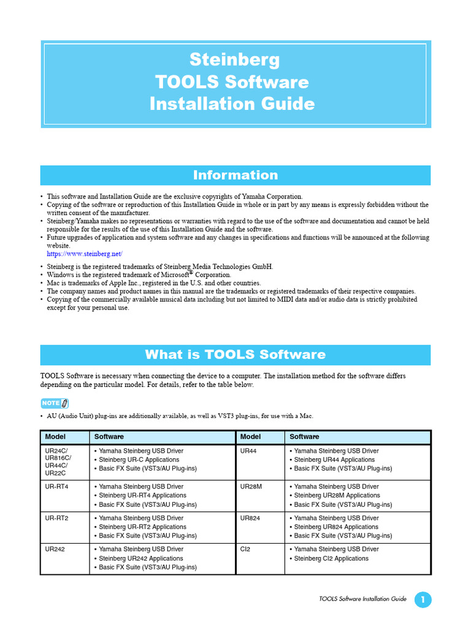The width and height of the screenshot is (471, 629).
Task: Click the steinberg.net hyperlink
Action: click(x=85, y=254)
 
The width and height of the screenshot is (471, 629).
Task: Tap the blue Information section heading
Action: click(x=235, y=175)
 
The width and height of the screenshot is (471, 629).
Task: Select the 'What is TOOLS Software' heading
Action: click(x=235, y=354)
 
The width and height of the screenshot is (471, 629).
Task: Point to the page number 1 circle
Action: click(x=423, y=600)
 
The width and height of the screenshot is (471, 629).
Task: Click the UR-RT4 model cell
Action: click(x=56, y=486)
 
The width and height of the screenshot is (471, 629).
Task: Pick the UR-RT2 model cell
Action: click(x=56, y=518)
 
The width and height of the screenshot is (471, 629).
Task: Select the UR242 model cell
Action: click(x=55, y=549)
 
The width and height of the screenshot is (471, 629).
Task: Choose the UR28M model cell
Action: click(x=251, y=486)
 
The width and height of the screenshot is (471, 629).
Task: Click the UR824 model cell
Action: click(x=250, y=518)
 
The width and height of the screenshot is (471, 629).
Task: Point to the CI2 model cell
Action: click(x=245, y=549)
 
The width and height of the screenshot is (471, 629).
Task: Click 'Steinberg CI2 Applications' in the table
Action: click(x=331, y=558)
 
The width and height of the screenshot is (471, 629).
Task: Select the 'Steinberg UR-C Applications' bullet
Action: click(x=139, y=459)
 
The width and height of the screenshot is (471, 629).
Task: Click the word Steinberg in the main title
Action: click(x=235, y=60)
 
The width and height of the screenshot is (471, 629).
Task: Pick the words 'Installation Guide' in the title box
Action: click(x=232, y=103)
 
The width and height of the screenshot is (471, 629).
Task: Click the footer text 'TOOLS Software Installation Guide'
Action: click(x=362, y=599)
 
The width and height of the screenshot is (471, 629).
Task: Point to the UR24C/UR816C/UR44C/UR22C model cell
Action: click(x=58, y=462)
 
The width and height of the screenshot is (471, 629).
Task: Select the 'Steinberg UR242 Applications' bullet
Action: click(x=141, y=558)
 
